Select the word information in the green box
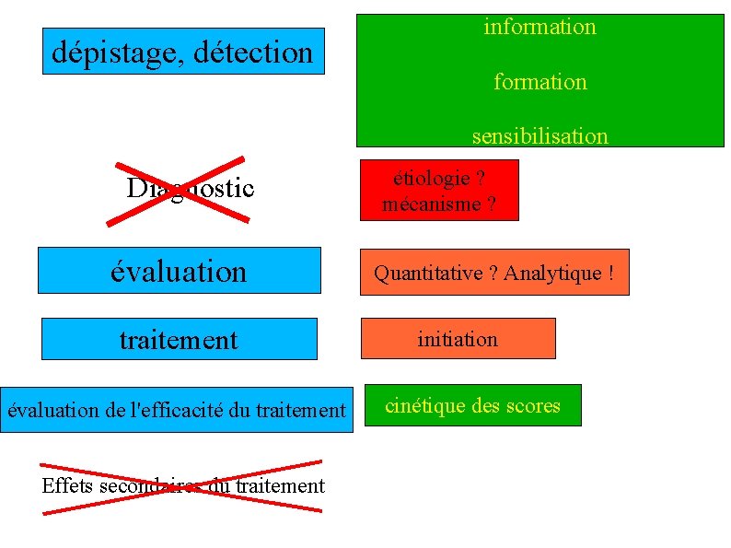pos(540,27)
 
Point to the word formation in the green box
pos(540,82)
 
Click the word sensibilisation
pos(540,136)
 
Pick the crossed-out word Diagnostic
pos(190,189)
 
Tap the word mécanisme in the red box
pos(429,204)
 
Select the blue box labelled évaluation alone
pos(179,271)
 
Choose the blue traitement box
pos(179,340)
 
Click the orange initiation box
pos(458,339)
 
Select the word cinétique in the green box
pos(425,405)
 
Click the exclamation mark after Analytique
pos(609,273)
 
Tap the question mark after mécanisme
pos(491,204)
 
